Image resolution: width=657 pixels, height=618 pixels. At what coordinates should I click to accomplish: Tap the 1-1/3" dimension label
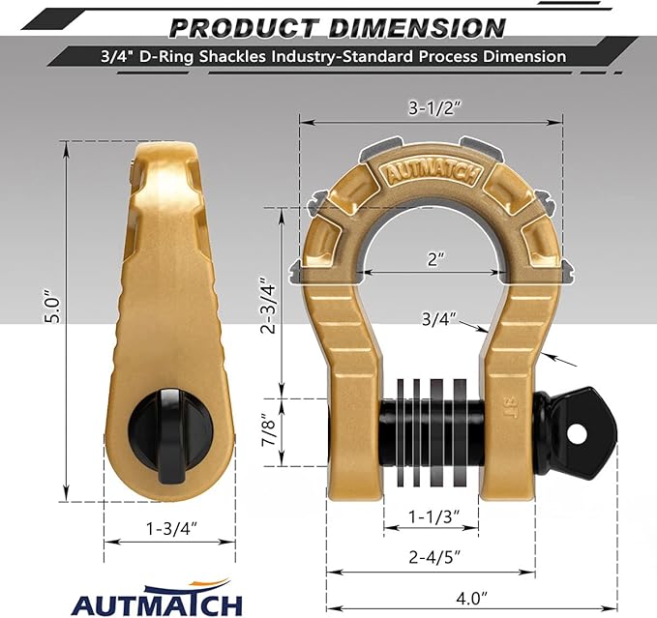point(432,514)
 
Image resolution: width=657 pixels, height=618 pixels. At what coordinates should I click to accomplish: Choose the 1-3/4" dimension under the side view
point(169,528)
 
